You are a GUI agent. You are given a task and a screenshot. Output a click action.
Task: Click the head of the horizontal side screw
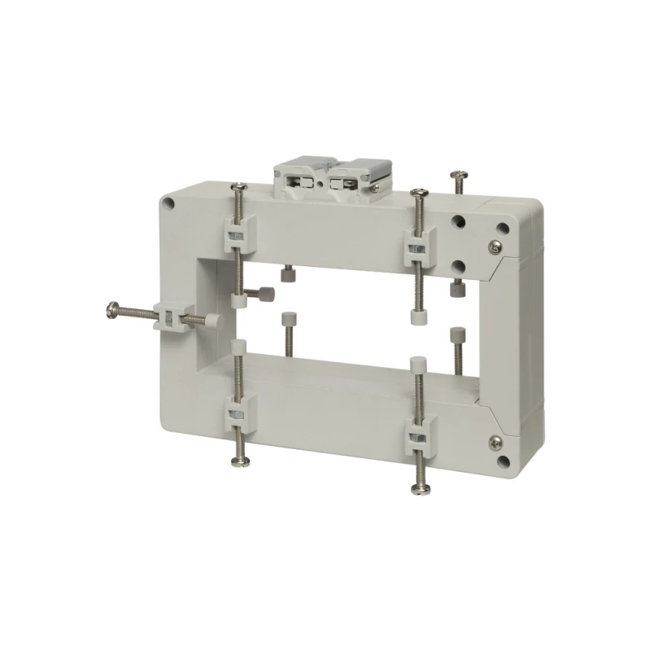111,308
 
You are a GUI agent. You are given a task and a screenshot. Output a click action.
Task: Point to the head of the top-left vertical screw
238,188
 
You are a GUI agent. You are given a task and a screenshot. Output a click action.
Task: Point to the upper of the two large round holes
461,221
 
